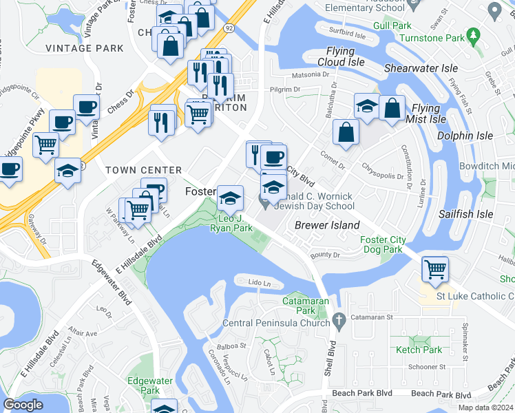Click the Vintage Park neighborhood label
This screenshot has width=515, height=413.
pyautogui.click(x=85, y=48)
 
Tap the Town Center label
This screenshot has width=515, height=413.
pyautogui.click(x=143, y=170)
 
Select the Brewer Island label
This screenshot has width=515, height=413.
pyautogui.click(x=327, y=225)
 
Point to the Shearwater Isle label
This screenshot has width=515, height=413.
pyautogui.click(x=421, y=69)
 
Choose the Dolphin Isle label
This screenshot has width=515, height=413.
pyautogui.click(x=466, y=136)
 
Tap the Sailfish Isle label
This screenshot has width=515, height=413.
pyautogui.click(x=466, y=214)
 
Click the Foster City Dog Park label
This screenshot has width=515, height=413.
pyautogui.click(x=382, y=245)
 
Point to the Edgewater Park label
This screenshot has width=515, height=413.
pyautogui.click(x=144, y=385)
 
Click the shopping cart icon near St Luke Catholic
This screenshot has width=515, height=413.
pyautogui.click(x=434, y=268)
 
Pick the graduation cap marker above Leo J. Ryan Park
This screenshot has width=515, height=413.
pyautogui.click(x=229, y=199)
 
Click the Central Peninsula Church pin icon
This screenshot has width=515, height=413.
pyautogui.click(x=337, y=320)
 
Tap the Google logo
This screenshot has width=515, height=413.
pyautogui.click(x=23, y=404)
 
